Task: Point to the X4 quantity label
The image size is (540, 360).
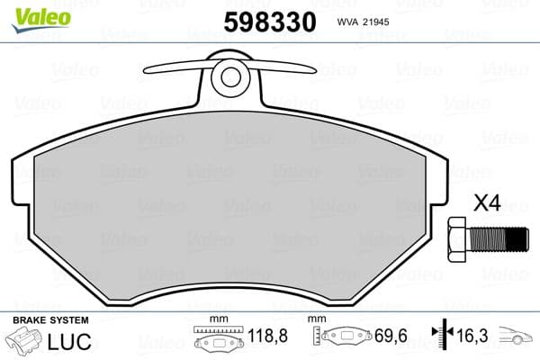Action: coord(486,204)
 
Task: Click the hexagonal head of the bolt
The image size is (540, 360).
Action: coord(455,239)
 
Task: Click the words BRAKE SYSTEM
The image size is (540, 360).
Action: coord(49,320)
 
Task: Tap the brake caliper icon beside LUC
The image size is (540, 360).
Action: coord(28,342)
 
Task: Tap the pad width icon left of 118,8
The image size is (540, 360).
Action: coord(220,341)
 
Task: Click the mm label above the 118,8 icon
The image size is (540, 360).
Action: coord(216,320)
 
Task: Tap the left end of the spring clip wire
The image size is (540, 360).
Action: coord(147,71)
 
